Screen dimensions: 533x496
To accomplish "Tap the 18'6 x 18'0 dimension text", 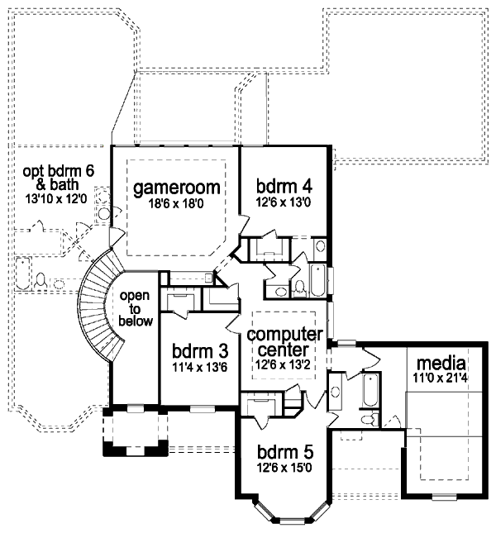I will point(174,206).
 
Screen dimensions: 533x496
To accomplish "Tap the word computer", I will point(284,334).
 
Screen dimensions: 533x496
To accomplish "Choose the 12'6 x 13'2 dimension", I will point(284,364).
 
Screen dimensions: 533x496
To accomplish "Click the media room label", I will point(441,363).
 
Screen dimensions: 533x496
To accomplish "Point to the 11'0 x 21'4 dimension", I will point(441,377).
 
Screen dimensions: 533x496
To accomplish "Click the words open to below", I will point(136,308).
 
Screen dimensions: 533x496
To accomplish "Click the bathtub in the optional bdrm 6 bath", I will point(24,273).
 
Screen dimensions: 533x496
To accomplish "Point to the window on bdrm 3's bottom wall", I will point(203,408).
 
